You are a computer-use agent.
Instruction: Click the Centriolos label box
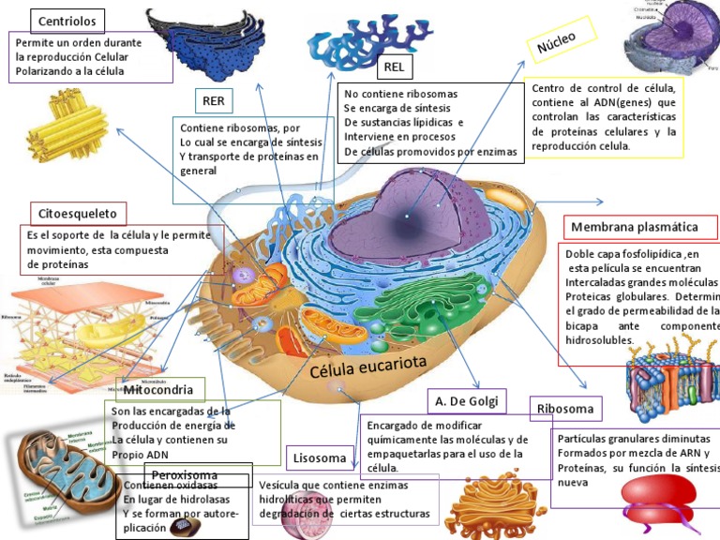click(x=67, y=21)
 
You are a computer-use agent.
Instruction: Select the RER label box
click(x=215, y=100)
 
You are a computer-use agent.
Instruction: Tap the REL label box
click(x=393, y=67)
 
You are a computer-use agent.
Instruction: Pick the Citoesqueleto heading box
click(x=78, y=213)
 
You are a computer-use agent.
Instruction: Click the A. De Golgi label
click(x=467, y=401)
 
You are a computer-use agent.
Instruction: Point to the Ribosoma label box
click(x=566, y=409)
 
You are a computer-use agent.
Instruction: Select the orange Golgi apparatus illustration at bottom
click(x=488, y=507)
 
